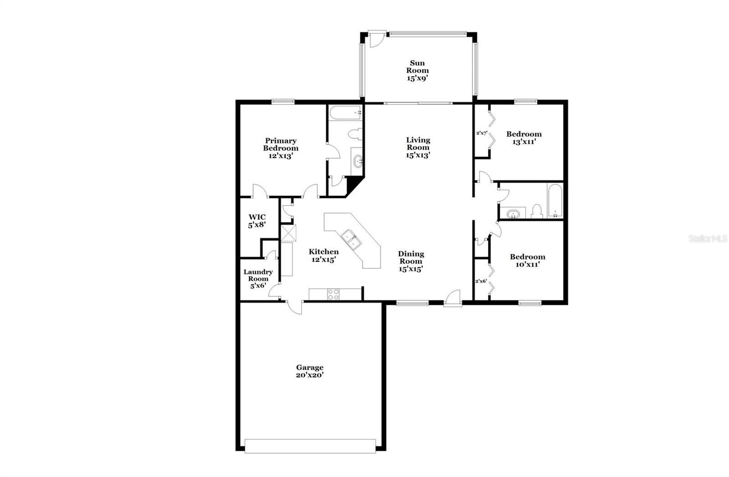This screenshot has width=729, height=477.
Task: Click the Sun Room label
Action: [418, 67]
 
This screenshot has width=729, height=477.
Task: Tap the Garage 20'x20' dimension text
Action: [310, 375]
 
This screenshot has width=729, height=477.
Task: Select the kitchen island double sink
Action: [352, 240]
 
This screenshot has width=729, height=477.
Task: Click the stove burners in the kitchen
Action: [334, 294]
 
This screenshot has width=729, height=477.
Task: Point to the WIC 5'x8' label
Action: [257, 221]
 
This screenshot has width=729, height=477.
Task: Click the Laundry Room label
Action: [258, 275]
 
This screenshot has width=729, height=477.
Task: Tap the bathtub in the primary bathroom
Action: [345, 112]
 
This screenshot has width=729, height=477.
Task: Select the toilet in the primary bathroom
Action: [354, 134]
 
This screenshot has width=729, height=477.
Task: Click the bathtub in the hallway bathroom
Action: [555, 201]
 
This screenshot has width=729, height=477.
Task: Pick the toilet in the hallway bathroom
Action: [537, 211]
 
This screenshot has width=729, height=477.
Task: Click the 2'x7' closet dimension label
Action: [482, 133]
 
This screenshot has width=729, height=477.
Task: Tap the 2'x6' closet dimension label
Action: [481, 281]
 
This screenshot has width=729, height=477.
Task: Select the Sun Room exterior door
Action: [376, 39]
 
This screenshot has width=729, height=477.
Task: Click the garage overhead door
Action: [310, 446]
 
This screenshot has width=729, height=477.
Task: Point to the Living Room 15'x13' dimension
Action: [418, 155]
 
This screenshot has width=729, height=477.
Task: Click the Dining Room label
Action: [411, 258]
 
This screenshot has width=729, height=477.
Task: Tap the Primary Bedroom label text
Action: [281, 144]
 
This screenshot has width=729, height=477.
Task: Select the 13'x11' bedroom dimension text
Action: [524, 142]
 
